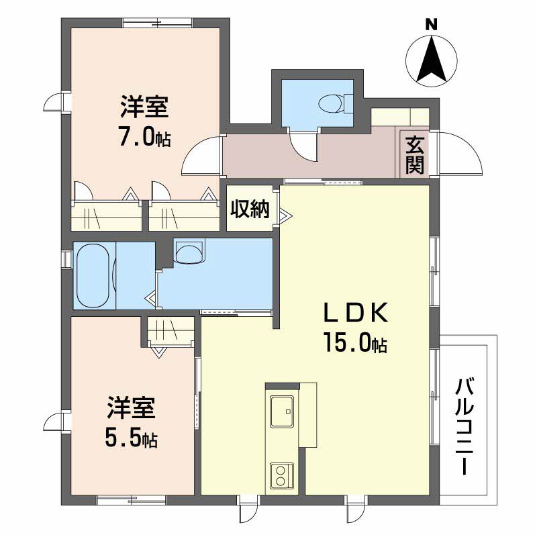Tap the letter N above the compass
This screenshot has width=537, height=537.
432,25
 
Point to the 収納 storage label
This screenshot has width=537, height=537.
250,209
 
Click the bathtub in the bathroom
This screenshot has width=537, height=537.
95,275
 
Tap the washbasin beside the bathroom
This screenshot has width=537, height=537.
187,252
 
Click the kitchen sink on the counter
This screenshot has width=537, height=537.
282,410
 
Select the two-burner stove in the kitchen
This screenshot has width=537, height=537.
281,476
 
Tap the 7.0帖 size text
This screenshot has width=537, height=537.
144,138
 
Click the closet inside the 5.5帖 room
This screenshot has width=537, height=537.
170,330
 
